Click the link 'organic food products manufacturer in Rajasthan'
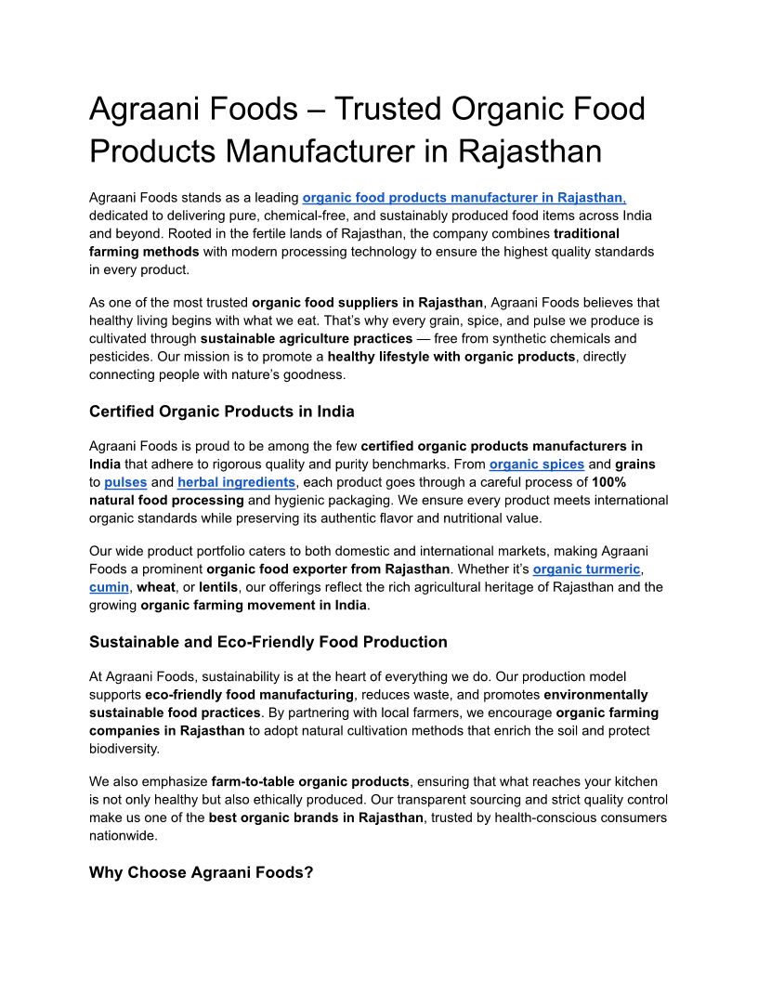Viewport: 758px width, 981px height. coord(464,197)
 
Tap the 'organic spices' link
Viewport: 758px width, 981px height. coord(537,464)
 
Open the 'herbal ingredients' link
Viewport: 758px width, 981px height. coord(237,482)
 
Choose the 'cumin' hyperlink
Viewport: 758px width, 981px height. coord(109,587)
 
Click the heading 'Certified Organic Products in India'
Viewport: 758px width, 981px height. coord(221,412)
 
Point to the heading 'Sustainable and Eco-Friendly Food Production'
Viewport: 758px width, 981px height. coord(268,642)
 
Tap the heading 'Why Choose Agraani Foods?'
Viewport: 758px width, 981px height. coord(201,872)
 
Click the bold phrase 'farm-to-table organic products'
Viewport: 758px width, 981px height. coord(310,781)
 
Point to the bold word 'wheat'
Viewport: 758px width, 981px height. coord(156,587)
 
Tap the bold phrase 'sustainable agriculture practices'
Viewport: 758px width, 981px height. coord(306,338)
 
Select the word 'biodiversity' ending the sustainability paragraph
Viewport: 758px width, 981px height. coord(124,748)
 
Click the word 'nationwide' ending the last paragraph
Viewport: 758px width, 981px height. coord(124,835)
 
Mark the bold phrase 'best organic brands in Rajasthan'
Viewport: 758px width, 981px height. coord(319,817)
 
